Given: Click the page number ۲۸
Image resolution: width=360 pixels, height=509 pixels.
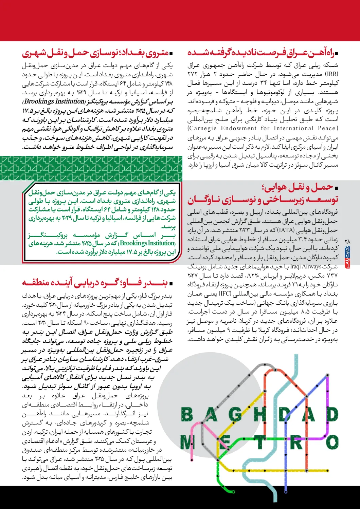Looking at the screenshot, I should (x=347, y=241).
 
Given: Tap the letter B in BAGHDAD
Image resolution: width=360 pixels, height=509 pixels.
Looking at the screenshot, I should (x=187, y=414).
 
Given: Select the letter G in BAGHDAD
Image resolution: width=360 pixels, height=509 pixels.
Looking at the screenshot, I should (x=235, y=414).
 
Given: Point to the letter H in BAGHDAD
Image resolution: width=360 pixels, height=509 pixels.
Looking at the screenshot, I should (x=260, y=414).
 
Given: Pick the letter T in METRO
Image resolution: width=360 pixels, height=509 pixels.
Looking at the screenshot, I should (x=260, y=442).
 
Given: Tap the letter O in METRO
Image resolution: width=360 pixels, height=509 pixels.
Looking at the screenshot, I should (x=332, y=442).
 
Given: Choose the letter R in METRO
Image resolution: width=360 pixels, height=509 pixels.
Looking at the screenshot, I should (x=296, y=442).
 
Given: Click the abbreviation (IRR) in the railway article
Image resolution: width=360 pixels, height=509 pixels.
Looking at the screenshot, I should (x=331, y=74).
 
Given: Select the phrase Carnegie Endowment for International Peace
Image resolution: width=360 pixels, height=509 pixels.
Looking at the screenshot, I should (x=263, y=128).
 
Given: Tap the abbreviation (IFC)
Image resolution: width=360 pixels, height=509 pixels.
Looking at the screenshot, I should (x=225, y=294).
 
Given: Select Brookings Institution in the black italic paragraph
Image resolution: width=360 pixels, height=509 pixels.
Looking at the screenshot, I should (x=54, y=101).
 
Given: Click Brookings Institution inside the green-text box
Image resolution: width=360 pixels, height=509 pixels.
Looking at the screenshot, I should (x=147, y=243).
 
